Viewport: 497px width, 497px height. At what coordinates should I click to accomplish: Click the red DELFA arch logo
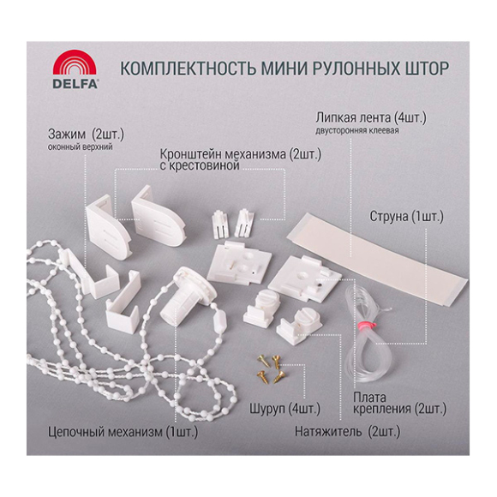(x=75, y=63)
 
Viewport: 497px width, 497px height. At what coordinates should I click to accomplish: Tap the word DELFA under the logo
(x=75, y=83)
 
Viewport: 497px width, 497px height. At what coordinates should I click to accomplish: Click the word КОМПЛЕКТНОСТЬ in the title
(x=188, y=69)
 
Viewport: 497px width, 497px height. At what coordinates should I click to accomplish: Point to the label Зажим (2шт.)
(x=86, y=135)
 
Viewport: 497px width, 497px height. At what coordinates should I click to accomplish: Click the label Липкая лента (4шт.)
(x=371, y=118)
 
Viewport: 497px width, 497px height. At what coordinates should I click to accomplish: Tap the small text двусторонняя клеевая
(x=357, y=130)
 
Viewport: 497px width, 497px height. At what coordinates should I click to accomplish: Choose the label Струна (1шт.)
(x=407, y=217)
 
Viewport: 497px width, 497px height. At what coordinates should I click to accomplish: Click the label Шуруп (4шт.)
(x=284, y=409)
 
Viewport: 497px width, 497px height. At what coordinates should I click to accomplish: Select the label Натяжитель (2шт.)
(x=347, y=432)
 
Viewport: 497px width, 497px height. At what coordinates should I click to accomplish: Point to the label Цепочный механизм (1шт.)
(x=123, y=432)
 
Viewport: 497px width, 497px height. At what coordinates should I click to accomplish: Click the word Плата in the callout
(x=369, y=398)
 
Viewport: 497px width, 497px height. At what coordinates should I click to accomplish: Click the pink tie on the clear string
(x=366, y=325)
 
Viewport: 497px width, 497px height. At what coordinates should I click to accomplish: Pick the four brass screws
(x=271, y=368)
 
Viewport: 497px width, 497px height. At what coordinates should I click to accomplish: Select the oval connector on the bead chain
(x=220, y=320)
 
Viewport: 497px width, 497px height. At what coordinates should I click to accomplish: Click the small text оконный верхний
(x=81, y=147)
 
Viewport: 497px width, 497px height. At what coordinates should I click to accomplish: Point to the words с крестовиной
(x=200, y=165)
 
